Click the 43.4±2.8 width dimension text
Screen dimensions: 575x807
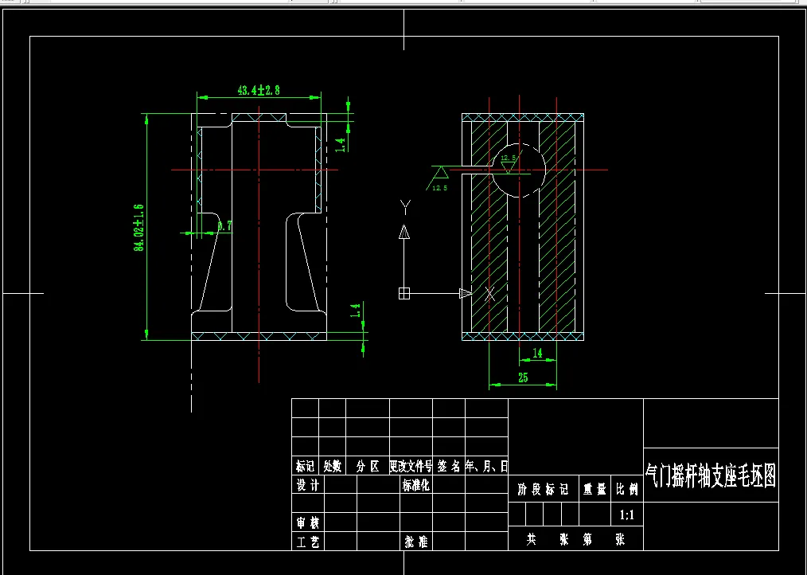(x=259, y=90)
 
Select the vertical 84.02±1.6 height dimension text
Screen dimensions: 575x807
(x=138, y=227)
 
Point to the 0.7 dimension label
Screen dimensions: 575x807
(x=224, y=226)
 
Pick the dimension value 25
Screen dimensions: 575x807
(x=523, y=378)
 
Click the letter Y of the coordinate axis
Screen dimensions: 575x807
(x=404, y=208)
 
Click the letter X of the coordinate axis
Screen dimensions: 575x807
(x=490, y=294)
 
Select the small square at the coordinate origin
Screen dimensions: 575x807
(x=404, y=294)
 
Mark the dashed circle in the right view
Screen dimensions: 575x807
(x=518, y=169)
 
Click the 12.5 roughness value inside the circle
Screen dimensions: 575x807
(x=508, y=158)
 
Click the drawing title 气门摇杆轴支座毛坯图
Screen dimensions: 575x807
(x=710, y=476)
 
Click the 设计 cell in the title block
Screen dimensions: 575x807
(x=307, y=485)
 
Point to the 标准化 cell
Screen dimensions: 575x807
(x=416, y=485)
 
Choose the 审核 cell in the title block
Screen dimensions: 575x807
(x=307, y=522)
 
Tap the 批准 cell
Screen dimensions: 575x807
(x=416, y=542)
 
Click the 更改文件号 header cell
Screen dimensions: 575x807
(x=410, y=466)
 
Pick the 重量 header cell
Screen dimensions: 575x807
(x=595, y=490)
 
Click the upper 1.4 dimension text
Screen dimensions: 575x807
(x=340, y=144)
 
